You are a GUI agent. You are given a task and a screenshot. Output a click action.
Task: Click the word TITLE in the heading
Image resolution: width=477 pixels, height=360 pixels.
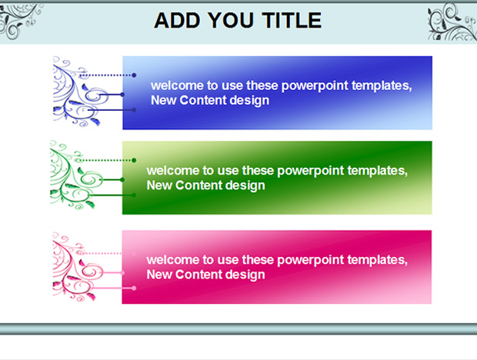coord(292,21)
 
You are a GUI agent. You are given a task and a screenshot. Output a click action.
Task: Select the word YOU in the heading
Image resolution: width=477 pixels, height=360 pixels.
coord(232,21)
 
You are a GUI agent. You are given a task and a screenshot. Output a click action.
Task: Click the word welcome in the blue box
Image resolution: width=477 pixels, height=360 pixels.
coord(177,85)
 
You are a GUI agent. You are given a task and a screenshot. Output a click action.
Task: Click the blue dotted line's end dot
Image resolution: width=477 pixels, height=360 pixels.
coord(134,75)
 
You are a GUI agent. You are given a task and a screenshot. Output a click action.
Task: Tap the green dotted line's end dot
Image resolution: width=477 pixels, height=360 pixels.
coord(134,160)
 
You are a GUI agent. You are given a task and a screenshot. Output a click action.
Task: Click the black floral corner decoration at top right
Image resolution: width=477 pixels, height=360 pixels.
coord(452,22)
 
